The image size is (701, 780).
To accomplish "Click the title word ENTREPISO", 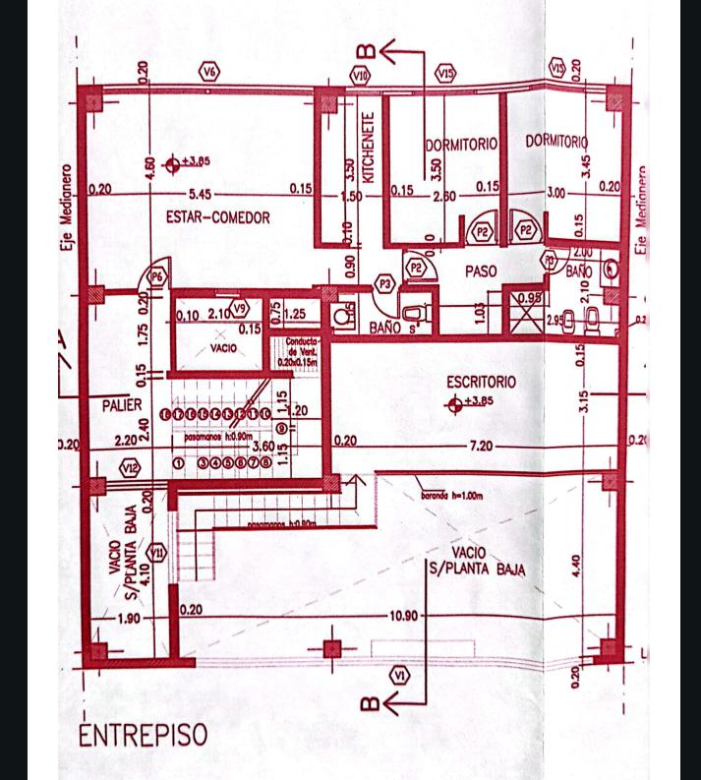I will pos(143,735).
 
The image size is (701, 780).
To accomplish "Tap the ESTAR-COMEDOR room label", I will pos(217,217).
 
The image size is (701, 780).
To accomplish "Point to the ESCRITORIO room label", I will pos(481,382).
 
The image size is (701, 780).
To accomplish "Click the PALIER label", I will pos(121,404).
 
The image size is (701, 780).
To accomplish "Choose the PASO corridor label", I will pos(481,270).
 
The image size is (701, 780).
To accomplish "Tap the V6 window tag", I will pos(209,71).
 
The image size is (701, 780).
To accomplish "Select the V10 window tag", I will pos(361,75).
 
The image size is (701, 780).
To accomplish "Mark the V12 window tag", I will pos(130,467).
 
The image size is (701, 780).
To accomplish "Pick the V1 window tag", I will pos(399,675).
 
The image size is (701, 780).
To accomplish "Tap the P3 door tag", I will pos(385,284).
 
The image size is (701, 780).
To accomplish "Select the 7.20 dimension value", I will pos(481,446).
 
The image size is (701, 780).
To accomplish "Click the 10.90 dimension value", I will pos(404,616).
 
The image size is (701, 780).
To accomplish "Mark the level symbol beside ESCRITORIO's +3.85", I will pos(454,403).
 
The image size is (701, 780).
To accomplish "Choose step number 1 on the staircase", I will pos(179,462).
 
